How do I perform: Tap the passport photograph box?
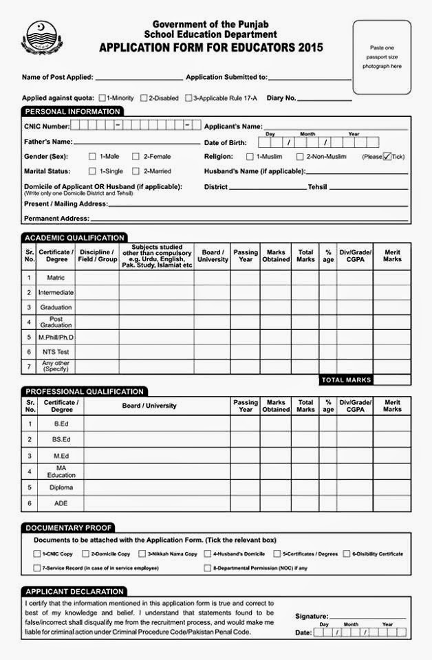coord(382,56)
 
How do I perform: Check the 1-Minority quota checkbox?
coord(102,98)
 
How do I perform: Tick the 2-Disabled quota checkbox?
coord(144,98)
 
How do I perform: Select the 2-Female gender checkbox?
coord(136,157)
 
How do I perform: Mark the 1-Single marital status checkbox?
coord(92,171)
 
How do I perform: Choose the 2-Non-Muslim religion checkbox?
coord(299,157)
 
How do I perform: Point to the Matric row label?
coord(56,278)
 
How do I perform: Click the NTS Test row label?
coord(56,352)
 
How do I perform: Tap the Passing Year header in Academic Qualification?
coord(246,256)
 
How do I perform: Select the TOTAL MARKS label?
coord(346,379)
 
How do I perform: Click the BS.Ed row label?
coord(61,439)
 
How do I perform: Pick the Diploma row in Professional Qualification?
coord(61,487)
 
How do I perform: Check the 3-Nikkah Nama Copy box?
coord(142,553)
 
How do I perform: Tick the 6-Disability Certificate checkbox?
coord(346,553)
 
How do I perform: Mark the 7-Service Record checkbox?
coord(37,568)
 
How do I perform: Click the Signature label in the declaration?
coord(312,616)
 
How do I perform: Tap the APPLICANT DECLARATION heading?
coord(74,591)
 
